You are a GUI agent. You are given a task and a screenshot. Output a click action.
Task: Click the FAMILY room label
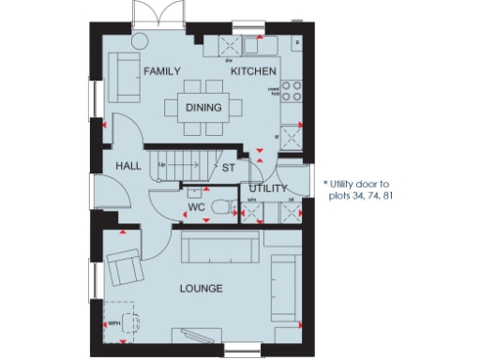coord(161,71)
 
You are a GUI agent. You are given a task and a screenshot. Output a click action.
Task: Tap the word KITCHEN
coord(253,71)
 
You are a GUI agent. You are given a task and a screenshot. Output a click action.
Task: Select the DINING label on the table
coord(203,107)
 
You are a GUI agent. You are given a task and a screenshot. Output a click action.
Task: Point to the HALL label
coord(128,166)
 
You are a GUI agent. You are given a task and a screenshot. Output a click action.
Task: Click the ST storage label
coord(228,168)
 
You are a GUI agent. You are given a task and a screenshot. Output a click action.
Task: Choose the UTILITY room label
coord(268,188)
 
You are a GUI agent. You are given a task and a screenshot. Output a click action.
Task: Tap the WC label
coord(196,206)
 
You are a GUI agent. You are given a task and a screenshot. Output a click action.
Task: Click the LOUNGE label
coord(202,289)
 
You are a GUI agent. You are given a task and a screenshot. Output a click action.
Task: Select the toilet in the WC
coord(221,208)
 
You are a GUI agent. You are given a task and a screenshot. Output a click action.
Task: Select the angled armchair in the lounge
coord(124,270)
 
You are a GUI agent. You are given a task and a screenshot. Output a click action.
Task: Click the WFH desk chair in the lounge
coord(131,325)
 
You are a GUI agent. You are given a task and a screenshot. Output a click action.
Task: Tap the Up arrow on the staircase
coord(161,166)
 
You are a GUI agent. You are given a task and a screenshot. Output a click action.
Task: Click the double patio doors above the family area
coord(153,14)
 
